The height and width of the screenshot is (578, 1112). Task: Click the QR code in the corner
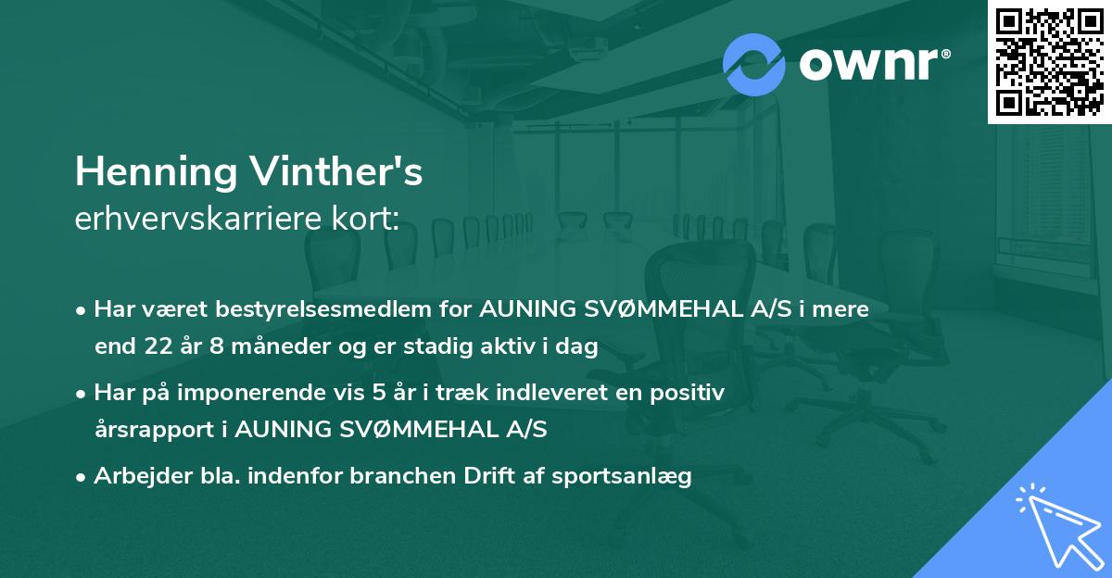point(1049,62)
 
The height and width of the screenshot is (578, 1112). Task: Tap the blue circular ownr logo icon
point(754,63)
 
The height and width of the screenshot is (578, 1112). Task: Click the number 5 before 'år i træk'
point(379,392)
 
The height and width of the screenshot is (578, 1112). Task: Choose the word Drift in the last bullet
point(472,476)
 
